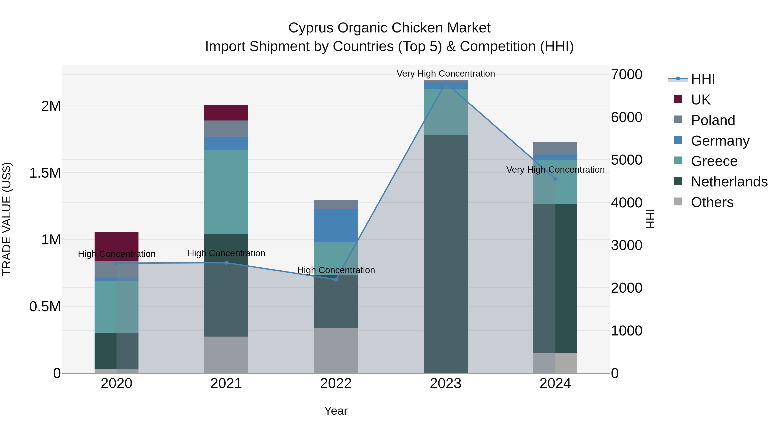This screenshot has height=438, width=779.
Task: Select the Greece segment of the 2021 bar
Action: click(226, 191)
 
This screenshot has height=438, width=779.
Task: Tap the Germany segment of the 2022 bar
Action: click(336, 225)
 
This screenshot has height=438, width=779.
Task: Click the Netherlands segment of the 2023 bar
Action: click(446, 254)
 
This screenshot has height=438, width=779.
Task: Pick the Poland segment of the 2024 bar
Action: click(555, 148)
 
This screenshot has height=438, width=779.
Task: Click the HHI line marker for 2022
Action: click(336, 279)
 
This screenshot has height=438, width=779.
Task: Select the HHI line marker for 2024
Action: click(555, 179)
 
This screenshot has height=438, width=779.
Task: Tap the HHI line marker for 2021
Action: click(226, 263)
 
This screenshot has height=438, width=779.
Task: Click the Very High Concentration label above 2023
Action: click(446, 74)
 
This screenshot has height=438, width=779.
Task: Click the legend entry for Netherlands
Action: click(729, 182)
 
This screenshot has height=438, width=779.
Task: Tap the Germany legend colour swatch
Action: click(678, 140)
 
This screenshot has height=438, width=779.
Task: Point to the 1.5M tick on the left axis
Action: click(45, 173)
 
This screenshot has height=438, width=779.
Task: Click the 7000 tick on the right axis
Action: click(626, 74)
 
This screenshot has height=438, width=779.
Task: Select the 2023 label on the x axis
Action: click(446, 383)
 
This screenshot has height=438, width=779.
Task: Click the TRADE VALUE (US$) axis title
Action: click(7, 219)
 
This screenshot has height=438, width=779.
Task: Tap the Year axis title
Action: click(336, 411)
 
